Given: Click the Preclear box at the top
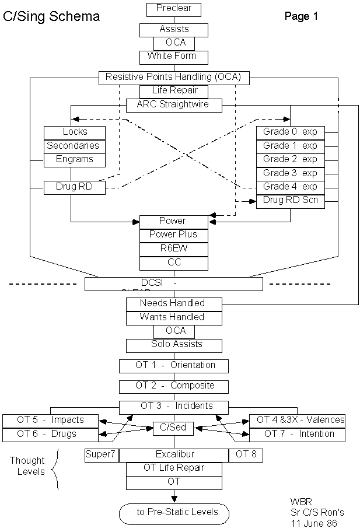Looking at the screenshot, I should (x=173, y=9).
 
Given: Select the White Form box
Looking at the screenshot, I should (x=173, y=57).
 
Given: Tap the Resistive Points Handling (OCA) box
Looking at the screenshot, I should (x=173, y=77).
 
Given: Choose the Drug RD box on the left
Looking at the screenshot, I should (x=74, y=187).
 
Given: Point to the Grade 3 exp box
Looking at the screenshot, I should (x=290, y=173).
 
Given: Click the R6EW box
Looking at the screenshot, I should (x=173, y=249).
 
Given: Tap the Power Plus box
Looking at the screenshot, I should (x=173, y=235).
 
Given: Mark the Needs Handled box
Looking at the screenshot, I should (x=173, y=303).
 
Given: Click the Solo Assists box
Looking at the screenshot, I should (x=173, y=345).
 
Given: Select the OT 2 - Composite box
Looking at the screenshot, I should (x=173, y=386).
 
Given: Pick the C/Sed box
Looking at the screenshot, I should (x=173, y=428).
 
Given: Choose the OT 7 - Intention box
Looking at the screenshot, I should (x=298, y=434).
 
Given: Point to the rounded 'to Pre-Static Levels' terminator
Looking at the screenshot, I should (x=173, y=513).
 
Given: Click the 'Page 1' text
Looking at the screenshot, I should (x=301, y=16).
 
